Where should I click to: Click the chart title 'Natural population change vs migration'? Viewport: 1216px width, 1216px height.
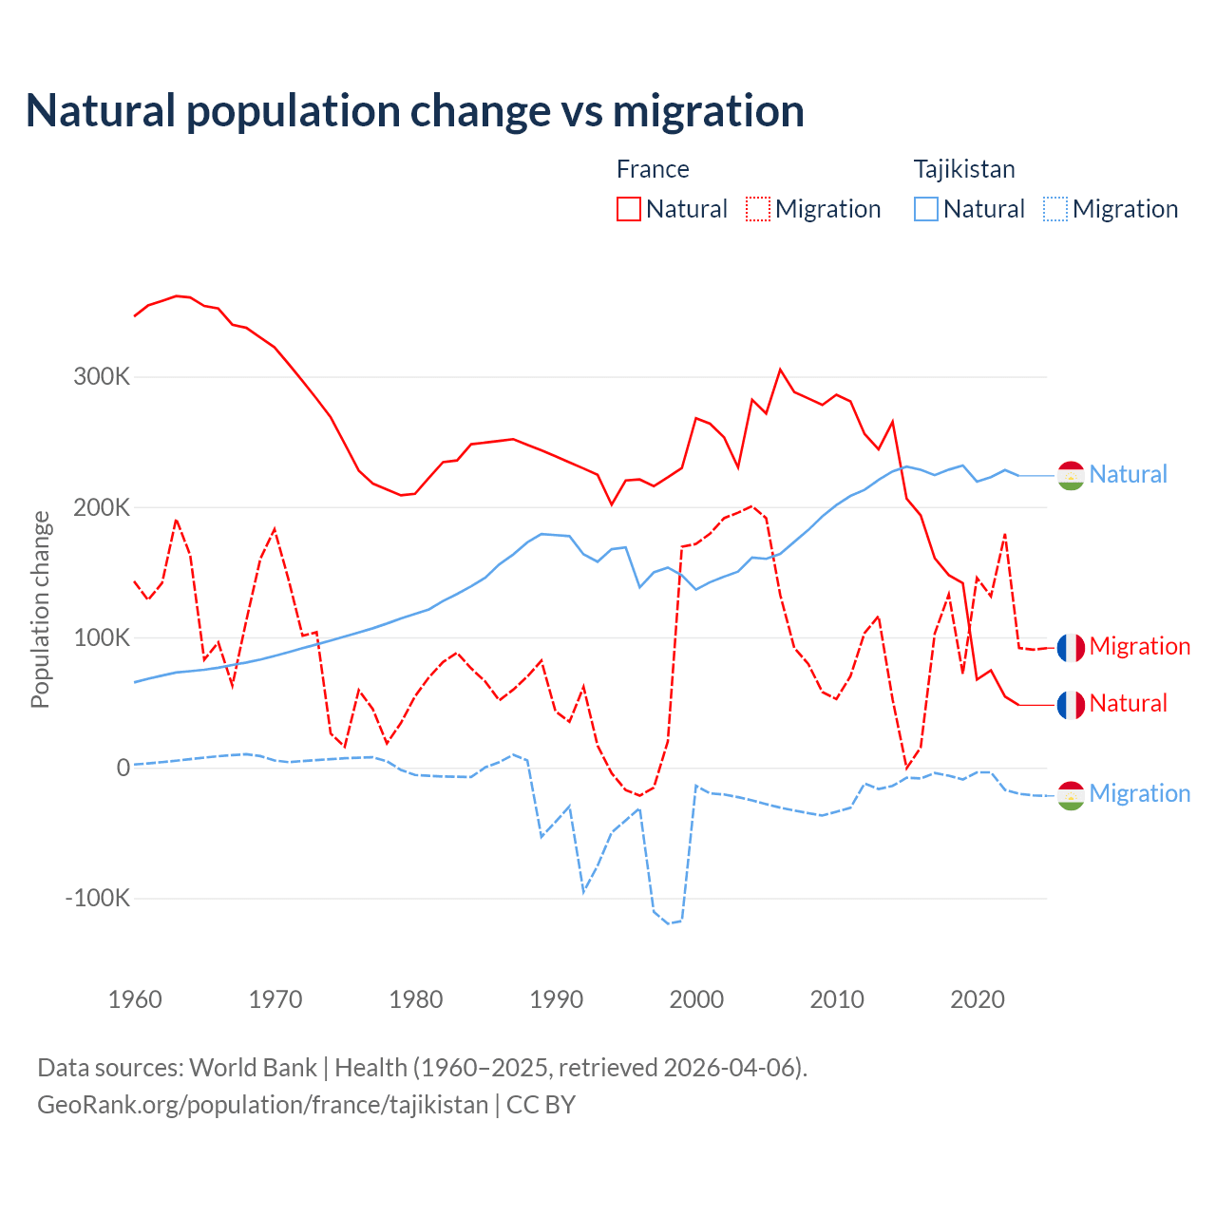(x=415, y=111)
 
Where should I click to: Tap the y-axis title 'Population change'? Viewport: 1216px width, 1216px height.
(x=40, y=609)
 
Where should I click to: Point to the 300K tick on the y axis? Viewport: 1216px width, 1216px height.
(x=102, y=376)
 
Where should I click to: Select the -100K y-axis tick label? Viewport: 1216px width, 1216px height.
(x=97, y=898)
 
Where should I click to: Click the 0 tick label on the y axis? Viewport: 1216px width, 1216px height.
(x=123, y=768)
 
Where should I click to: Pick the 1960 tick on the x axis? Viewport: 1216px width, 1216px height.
(x=135, y=999)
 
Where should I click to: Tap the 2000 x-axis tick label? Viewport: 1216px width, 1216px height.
(x=696, y=999)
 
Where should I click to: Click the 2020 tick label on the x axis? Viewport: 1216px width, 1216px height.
(x=978, y=999)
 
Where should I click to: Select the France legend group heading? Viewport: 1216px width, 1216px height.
(x=653, y=169)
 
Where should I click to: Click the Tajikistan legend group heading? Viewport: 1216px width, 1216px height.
(x=964, y=169)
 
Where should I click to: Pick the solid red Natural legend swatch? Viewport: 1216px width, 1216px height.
(x=629, y=209)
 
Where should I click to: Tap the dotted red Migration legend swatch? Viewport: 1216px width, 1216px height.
(x=758, y=209)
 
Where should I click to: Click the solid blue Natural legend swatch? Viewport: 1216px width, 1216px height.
(x=926, y=209)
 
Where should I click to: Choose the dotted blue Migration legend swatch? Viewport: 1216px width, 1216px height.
(x=1055, y=209)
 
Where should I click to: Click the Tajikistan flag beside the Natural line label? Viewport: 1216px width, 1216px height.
(x=1071, y=475)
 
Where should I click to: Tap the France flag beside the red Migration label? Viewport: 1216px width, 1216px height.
(x=1071, y=647)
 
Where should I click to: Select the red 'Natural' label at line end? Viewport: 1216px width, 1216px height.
(x=1128, y=704)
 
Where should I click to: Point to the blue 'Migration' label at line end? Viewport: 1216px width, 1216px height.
(x=1139, y=794)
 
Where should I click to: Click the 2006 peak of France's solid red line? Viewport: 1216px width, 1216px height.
(x=780, y=370)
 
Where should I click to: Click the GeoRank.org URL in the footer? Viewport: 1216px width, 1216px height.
(x=262, y=1105)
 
